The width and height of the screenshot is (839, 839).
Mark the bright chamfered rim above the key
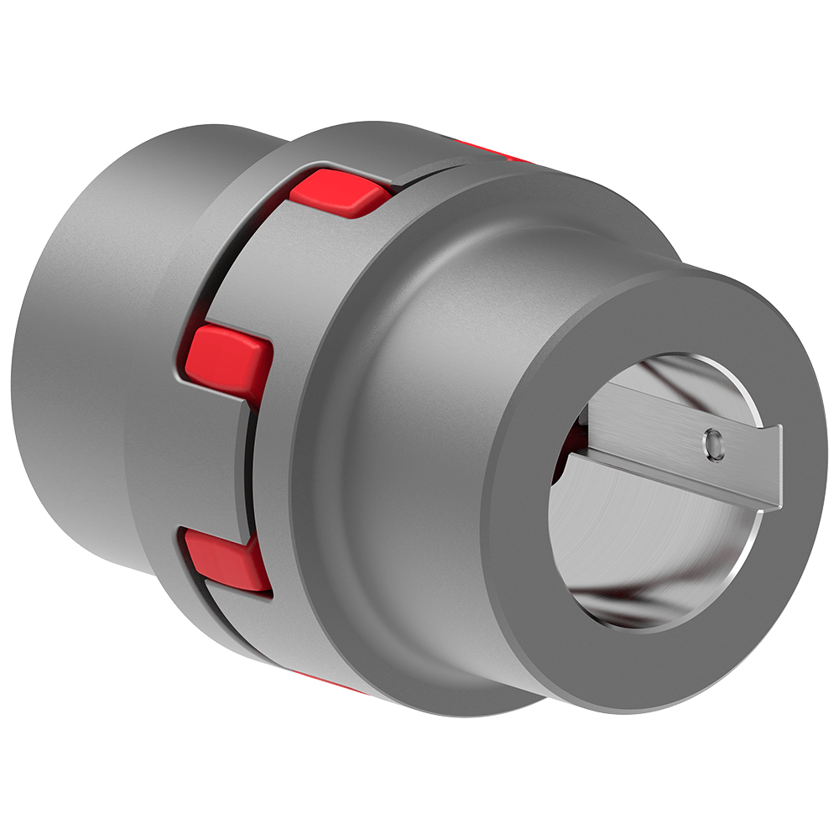696,357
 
